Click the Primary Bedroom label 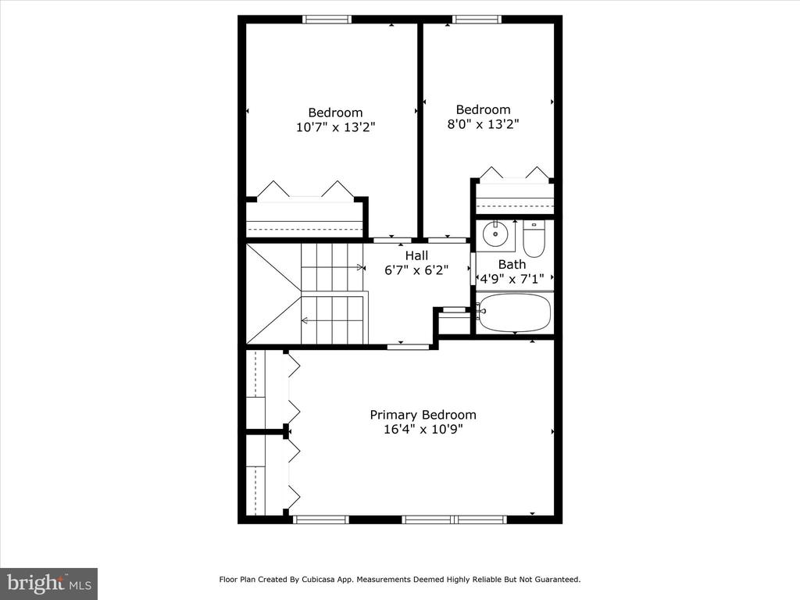423,416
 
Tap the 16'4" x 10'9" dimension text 423,430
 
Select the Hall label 416,255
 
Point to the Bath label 512,265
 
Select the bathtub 514,312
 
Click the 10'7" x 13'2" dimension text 335,127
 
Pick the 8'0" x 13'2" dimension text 483,124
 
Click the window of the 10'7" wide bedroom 327,20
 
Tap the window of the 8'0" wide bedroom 477,20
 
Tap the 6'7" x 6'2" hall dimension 416,270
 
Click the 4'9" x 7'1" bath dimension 512,279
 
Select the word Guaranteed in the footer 555,580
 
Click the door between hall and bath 473,269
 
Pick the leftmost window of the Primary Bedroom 321,520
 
